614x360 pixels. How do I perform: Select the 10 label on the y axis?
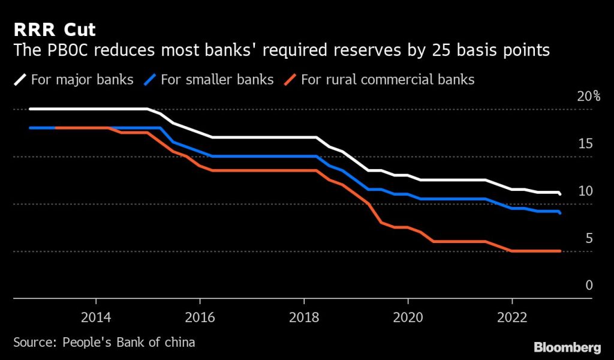[x=586, y=191]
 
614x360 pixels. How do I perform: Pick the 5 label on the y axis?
[x=589, y=238]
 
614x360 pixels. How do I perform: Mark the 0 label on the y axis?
[x=589, y=285]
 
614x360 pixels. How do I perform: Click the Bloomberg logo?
[x=567, y=347]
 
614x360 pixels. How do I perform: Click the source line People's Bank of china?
[x=104, y=342]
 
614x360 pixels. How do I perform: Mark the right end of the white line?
[x=560, y=194]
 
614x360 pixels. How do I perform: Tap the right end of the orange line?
[x=560, y=251]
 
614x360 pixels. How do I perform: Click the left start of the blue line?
[x=30, y=128]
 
